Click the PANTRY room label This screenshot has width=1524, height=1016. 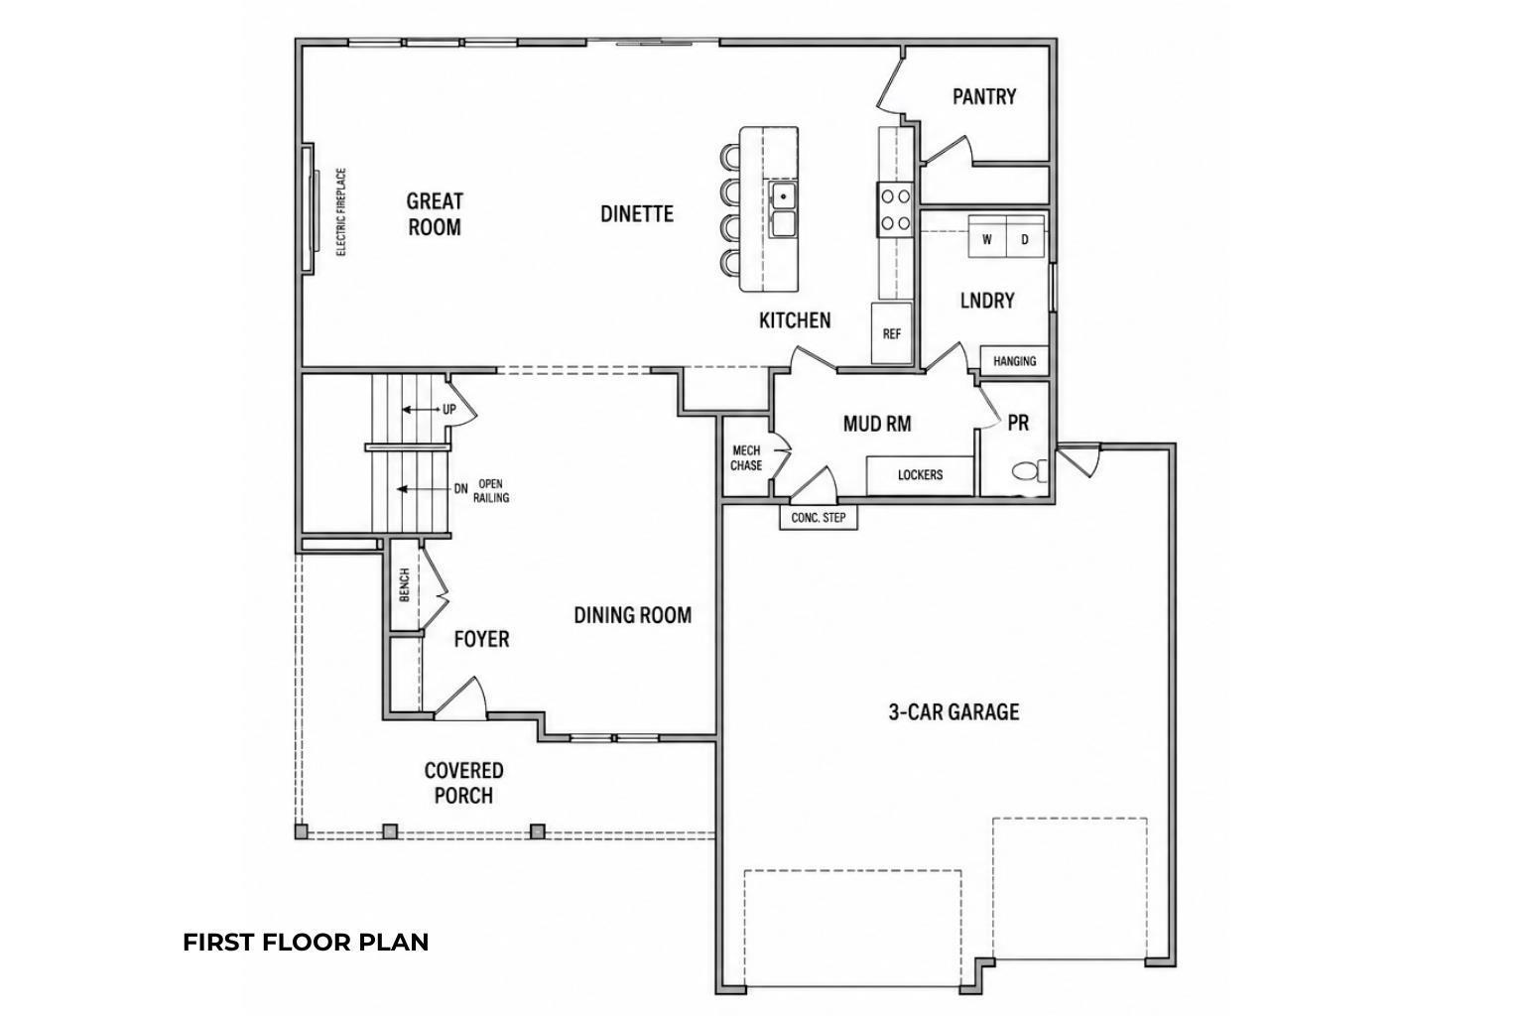(984, 96)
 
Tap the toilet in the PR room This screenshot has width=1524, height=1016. (1029, 471)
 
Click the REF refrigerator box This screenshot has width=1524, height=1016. (891, 333)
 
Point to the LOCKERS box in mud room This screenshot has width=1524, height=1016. (920, 475)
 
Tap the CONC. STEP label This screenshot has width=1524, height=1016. (819, 518)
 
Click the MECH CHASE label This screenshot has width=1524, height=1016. (746, 458)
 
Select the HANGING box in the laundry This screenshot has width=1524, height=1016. (1014, 361)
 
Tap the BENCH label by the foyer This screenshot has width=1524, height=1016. (404, 584)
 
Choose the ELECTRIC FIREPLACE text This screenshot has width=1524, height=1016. (341, 211)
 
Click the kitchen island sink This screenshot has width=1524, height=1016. (783, 209)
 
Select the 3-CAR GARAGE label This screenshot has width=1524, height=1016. (953, 711)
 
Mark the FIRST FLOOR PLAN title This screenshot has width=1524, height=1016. (306, 943)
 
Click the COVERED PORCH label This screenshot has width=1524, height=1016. (464, 783)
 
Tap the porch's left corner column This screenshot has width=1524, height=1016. (302, 830)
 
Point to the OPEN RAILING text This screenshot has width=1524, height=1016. (491, 491)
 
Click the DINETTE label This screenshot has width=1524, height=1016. (637, 213)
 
